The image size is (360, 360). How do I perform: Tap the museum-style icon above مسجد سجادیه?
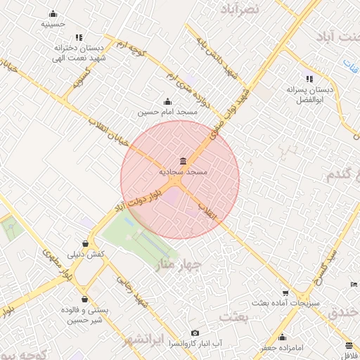[183, 162]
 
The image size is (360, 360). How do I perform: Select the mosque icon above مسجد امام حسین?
[167, 101]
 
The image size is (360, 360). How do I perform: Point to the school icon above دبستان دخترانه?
[79, 37]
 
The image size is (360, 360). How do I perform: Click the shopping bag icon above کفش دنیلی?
[85, 243]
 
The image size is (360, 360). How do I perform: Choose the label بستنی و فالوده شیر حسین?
[83, 314]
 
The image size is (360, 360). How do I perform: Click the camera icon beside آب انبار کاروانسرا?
[195, 333]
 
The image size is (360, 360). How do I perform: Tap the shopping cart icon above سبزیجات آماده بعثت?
[285, 292]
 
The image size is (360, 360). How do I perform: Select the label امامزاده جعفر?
[281, 347]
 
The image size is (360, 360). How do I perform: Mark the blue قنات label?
[351, 65]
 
